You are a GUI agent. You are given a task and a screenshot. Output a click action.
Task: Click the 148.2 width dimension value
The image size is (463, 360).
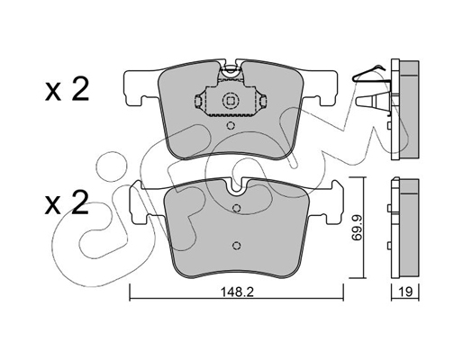click(237, 292)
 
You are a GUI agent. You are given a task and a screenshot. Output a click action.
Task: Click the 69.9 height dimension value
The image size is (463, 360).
click(357, 228)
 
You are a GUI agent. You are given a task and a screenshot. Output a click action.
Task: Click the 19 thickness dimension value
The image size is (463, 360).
click(405, 292)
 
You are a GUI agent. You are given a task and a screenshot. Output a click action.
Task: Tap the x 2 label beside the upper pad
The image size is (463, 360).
click(67, 89)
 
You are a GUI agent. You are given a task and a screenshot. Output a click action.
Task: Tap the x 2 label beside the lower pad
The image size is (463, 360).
click(67, 203)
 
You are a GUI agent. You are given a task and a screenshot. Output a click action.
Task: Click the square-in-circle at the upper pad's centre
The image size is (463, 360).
click(230, 101)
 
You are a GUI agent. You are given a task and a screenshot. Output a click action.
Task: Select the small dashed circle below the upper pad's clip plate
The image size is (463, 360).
click(231, 125)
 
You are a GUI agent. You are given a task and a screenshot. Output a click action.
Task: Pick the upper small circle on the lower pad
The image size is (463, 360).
click(237, 208)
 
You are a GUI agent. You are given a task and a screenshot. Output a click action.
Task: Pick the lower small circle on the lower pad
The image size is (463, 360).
click(237, 246)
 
